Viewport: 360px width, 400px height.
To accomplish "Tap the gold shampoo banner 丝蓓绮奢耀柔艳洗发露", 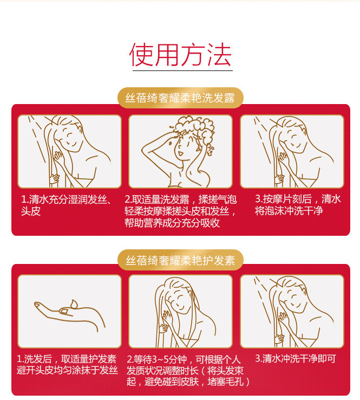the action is (180, 98).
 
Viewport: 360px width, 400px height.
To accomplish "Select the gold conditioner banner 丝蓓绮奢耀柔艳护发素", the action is (180, 260).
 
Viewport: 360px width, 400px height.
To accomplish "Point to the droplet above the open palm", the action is (74, 304).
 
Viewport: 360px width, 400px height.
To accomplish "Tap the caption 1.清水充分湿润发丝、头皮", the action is (66, 205).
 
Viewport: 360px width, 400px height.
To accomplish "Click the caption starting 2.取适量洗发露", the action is (181, 211).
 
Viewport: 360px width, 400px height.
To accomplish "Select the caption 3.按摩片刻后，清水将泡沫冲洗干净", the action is (298, 205).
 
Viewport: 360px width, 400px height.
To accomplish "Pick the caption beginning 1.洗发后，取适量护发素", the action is (67, 364).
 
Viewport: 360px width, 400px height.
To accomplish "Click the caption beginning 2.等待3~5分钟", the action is (188, 370).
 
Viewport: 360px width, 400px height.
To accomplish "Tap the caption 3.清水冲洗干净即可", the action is (296, 359).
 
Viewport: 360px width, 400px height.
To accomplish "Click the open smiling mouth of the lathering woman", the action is (180, 153).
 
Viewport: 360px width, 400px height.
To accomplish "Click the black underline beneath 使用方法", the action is (182, 70).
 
